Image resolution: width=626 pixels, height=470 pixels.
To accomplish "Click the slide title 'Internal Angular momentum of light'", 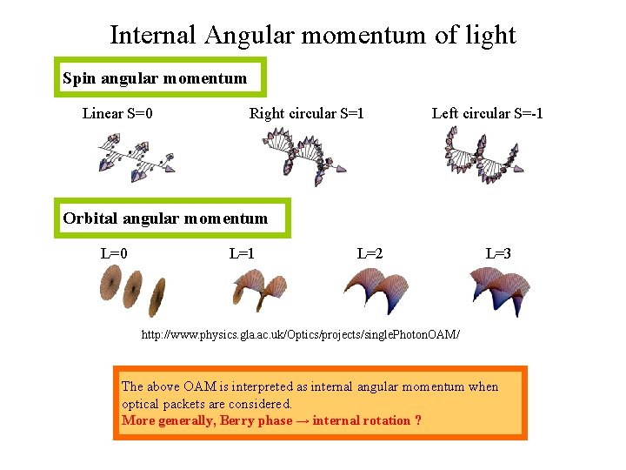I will [x=313, y=35].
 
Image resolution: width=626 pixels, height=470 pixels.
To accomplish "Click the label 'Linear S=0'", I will [x=118, y=113].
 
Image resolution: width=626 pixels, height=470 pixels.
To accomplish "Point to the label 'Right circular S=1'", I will [x=306, y=113].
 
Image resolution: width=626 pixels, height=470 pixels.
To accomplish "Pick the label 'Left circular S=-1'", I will [x=487, y=113].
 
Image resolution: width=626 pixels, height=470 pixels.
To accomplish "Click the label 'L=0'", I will [x=115, y=254].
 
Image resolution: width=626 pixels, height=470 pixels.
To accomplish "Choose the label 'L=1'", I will [x=242, y=254].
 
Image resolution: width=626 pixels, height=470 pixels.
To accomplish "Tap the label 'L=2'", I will [x=370, y=254].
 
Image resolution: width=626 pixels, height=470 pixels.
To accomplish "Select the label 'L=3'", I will [x=498, y=254].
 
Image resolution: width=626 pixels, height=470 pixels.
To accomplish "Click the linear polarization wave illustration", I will [x=135, y=157].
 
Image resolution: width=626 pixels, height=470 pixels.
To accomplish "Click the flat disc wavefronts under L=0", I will [x=132, y=290].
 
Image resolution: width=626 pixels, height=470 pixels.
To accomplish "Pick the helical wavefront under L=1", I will [x=259, y=290].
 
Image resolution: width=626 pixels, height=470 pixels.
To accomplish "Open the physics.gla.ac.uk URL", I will [x=301, y=334].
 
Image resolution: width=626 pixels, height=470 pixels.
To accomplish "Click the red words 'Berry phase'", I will [x=256, y=420].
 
